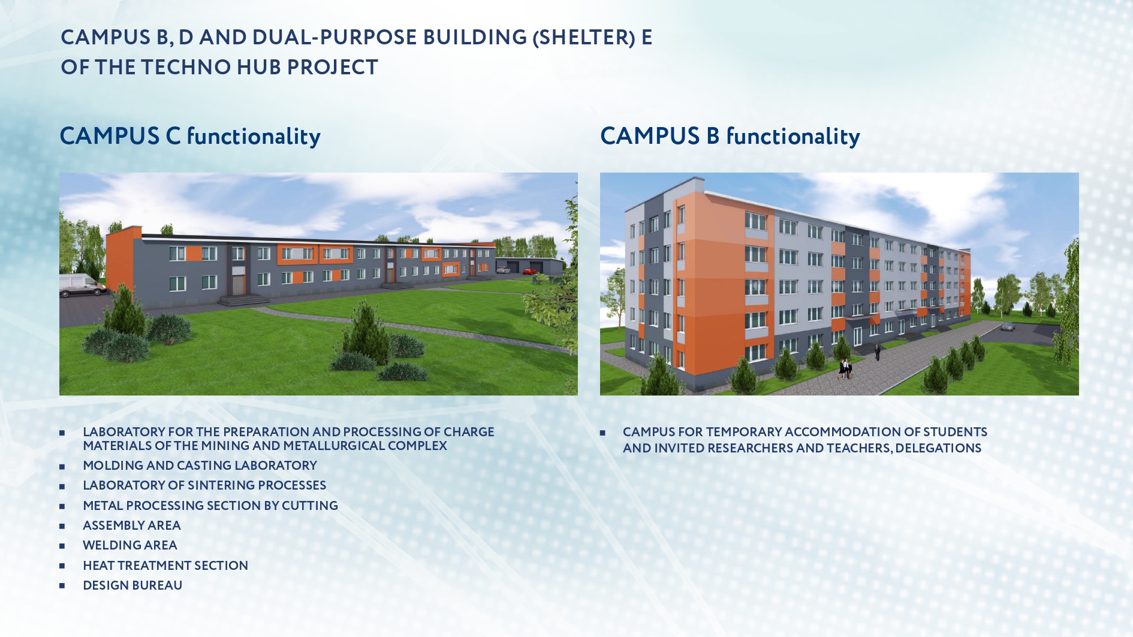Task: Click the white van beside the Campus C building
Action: (x=83, y=285)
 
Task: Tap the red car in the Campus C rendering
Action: (x=530, y=271)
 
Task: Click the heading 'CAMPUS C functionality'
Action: (x=190, y=136)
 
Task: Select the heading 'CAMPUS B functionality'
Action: (x=730, y=136)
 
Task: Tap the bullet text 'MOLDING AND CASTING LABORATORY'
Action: (x=200, y=466)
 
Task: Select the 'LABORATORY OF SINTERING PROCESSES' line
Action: (x=204, y=485)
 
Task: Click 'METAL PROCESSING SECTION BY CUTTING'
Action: (x=210, y=506)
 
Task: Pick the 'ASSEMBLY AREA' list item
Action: (x=132, y=526)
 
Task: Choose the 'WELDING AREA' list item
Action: (x=130, y=545)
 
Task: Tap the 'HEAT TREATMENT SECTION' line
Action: (x=165, y=566)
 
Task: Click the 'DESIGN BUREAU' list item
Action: (x=132, y=585)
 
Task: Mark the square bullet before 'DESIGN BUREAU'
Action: (x=62, y=585)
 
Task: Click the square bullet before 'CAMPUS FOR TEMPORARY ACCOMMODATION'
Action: (x=602, y=433)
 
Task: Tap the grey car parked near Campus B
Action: (x=1008, y=327)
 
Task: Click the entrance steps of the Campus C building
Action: (x=244, y=300)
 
